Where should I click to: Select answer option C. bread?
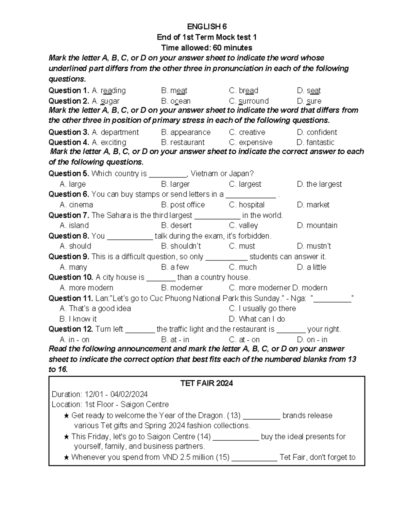coord(243,91)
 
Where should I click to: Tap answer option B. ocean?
coord(176,101)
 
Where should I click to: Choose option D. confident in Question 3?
coord(317,132)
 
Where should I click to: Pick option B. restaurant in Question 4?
coord(183,142)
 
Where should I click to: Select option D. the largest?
coord(319,184)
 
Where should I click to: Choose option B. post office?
coord(183,205)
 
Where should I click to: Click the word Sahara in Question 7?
coord(118,216)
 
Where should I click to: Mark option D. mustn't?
coord(314,246)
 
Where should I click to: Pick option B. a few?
coord(175,267)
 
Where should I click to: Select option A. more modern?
coord(86,288)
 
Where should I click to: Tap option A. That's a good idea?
coord(95,309)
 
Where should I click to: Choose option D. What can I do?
coord(257,319)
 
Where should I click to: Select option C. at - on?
coord(244,340)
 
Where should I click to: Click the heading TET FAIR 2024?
coord(206,384)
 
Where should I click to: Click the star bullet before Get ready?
coord(67,416)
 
